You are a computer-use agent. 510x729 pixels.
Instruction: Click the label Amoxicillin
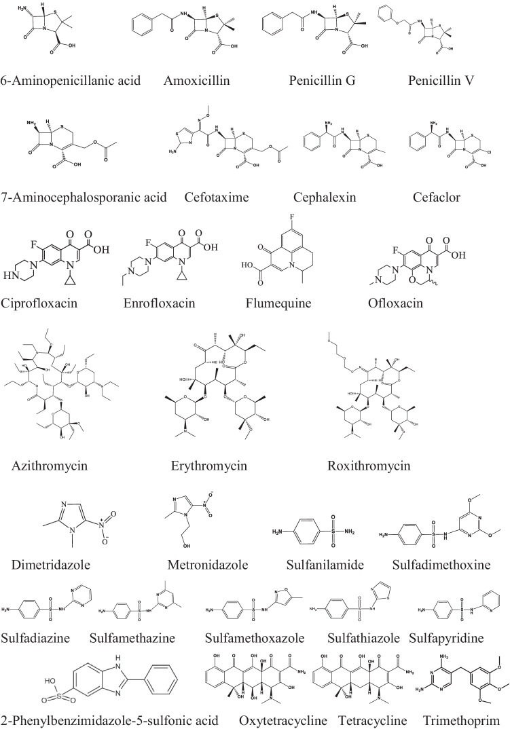click(197, 81)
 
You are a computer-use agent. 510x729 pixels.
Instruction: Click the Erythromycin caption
click(208, 466)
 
